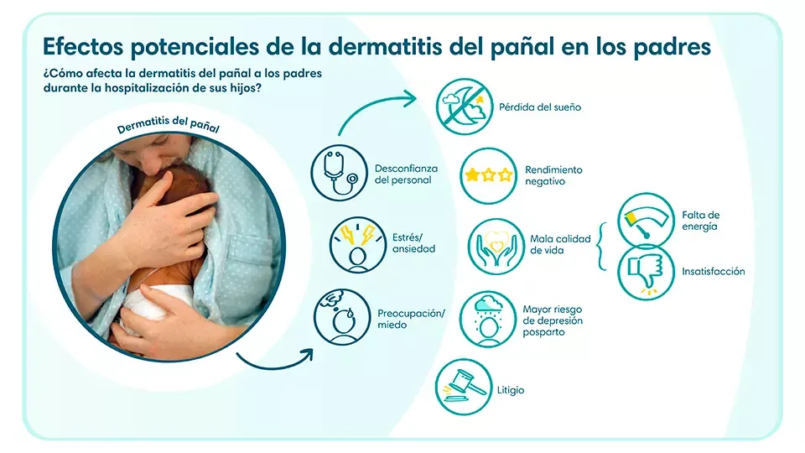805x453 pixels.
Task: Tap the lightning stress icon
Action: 358,244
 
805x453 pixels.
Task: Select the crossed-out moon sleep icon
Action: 463,107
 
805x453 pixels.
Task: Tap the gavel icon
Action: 463,388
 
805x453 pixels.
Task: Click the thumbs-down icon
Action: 646,271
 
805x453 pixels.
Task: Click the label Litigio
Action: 512,390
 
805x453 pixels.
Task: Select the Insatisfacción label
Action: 713,272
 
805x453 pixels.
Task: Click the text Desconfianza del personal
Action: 406,174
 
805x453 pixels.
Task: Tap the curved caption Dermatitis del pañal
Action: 169,128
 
